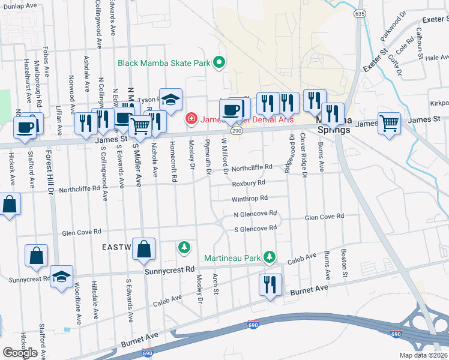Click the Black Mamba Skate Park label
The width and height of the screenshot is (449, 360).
[x=165, y=62]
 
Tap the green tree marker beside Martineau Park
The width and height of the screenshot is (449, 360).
[x=270, y=257]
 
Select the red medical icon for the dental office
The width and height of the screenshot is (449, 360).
[x=191, y=119]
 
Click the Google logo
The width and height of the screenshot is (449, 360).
[x=20, y=352]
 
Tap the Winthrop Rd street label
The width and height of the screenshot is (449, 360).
[x=250, y=198]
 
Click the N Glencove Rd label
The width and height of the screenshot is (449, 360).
[x=256, y=213]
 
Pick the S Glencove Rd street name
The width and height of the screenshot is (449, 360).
[x=256, y=228]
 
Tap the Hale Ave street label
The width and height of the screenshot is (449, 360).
[x=437, y=58]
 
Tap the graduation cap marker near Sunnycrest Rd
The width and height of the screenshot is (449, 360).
[x=61, y=277]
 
